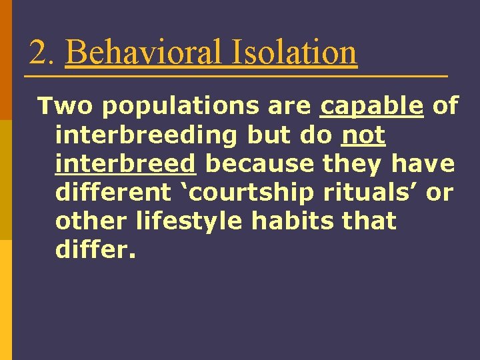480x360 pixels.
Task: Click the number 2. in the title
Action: click(x=41, y=53)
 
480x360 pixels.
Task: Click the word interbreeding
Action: click(x=147, y=135)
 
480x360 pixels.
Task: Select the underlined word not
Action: click(x=363, y=135)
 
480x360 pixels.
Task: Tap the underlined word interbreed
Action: click(x=126, y=164)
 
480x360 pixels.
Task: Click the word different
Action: click(x=113, y=193)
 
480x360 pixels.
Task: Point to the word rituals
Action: click(x=372, y=193)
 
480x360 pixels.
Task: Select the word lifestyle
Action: click(x=189, y=221)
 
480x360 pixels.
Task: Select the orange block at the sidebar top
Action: click(x=6, y=60)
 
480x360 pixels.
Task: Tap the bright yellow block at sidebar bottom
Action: click(x=6, y=300)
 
